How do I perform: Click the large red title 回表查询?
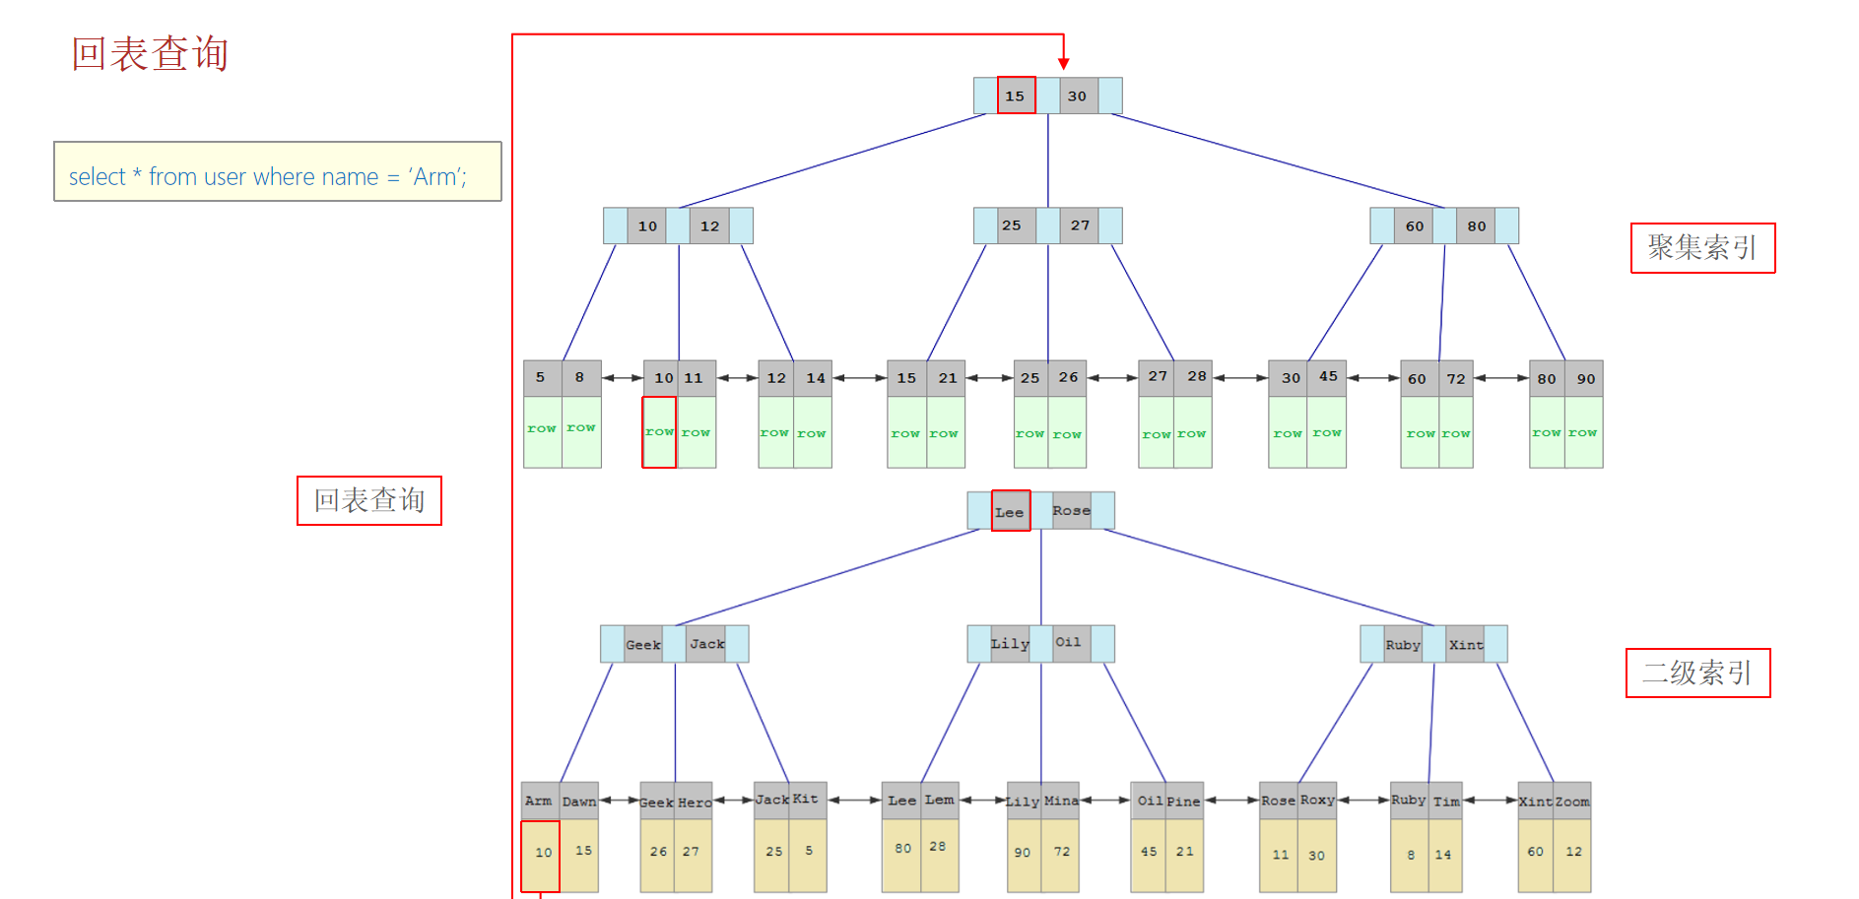point(150,54)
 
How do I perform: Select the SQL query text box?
point(277,172)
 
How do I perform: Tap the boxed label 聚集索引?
point(1702,248)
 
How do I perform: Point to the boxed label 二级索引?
point(1697,674)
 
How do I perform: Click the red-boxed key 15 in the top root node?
point(1016,96)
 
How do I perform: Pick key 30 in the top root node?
point(1078,96)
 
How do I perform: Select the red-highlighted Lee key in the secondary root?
point(1010,511)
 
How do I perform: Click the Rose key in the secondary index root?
point(1072,510)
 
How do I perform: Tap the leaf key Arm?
point(539,801)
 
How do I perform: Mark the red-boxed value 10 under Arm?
point(542,853)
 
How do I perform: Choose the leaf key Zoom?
point(1572,802)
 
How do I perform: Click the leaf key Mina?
point(1061,801)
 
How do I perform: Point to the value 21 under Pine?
point(1184,852)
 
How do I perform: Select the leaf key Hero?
point(695,802)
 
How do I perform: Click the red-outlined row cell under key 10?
point(659,432)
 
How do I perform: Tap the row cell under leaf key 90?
point(1583,432)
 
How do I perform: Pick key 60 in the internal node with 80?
point(1415,226)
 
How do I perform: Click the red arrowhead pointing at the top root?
point(1064,63)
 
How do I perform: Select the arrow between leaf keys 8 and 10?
point(622,378)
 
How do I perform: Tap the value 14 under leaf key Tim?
point(1443,855)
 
